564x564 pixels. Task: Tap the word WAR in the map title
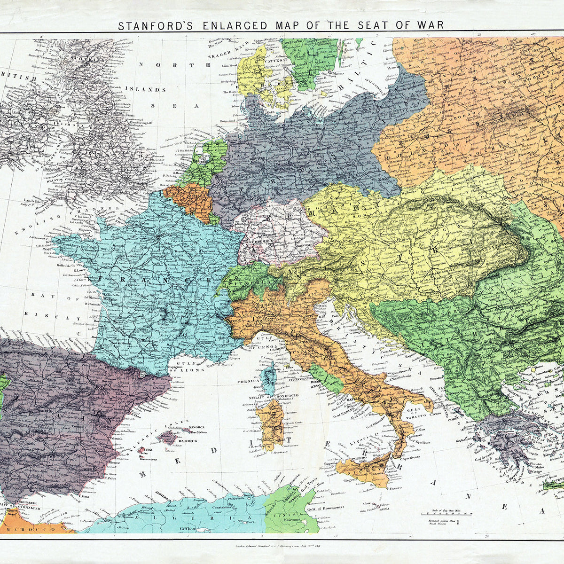tap(429, 25)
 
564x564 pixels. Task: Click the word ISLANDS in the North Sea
tap(151, 89)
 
